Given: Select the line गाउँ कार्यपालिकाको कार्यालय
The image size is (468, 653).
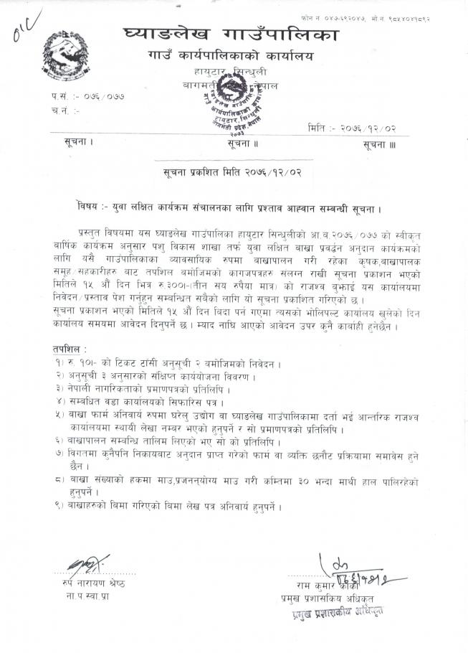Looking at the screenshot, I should pos(230,55).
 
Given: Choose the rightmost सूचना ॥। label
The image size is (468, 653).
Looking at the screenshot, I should pos(378,145).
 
